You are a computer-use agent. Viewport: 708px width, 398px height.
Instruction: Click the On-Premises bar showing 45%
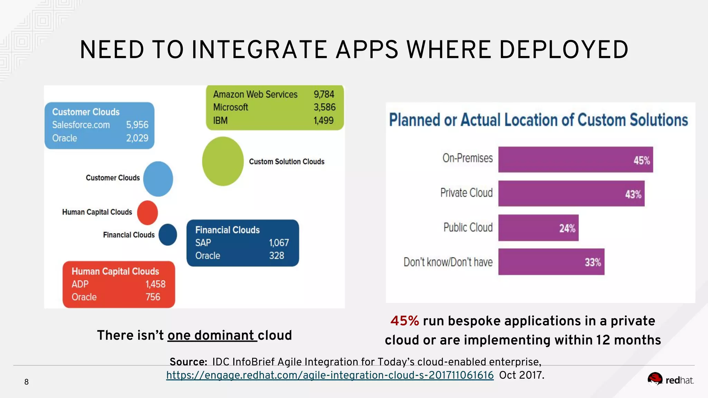coord(575,160)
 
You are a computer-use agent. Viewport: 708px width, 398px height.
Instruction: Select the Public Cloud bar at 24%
coord(538,228)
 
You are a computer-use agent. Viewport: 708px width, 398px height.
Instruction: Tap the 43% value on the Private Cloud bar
coord(633,194)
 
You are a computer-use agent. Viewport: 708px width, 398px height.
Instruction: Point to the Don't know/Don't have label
coord(448,262)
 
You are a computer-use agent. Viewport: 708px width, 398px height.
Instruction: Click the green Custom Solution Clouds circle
coord(223,161)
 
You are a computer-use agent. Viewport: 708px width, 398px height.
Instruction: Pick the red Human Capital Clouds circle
coord(148,212)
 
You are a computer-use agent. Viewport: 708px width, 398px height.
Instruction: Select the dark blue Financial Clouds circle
coord(168,235)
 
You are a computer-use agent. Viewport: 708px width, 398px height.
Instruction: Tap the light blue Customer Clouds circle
coord(158,179)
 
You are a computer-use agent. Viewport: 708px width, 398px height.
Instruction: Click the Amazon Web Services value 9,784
coord(324,94)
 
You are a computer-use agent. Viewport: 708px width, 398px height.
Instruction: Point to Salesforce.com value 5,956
coord(137,125)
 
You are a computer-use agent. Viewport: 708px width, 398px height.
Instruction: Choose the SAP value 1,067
coord(279,243)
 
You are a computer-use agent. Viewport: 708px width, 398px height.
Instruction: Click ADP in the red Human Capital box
coord(80,284)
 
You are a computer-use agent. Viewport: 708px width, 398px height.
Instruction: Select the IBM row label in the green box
coord(220,121)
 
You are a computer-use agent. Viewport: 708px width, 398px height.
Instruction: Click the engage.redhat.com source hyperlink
coord(330,375)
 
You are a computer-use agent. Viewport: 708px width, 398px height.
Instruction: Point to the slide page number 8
coord(26,382)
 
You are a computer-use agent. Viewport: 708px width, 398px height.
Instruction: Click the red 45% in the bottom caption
coord(404,321)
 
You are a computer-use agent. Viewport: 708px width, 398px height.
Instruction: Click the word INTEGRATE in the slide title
coord(259,50)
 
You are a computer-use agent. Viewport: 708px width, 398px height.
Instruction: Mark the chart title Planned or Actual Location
coord(538,120)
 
